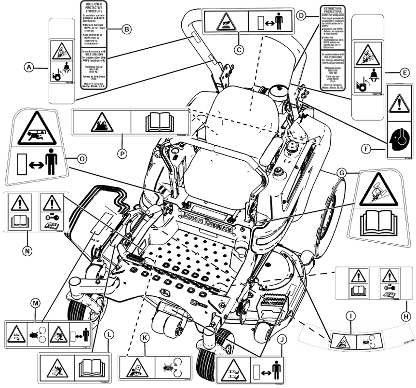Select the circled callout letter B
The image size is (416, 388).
(126, 29)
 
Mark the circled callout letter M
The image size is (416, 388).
(34, 302)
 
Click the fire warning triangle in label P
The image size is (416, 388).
(102, 123)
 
